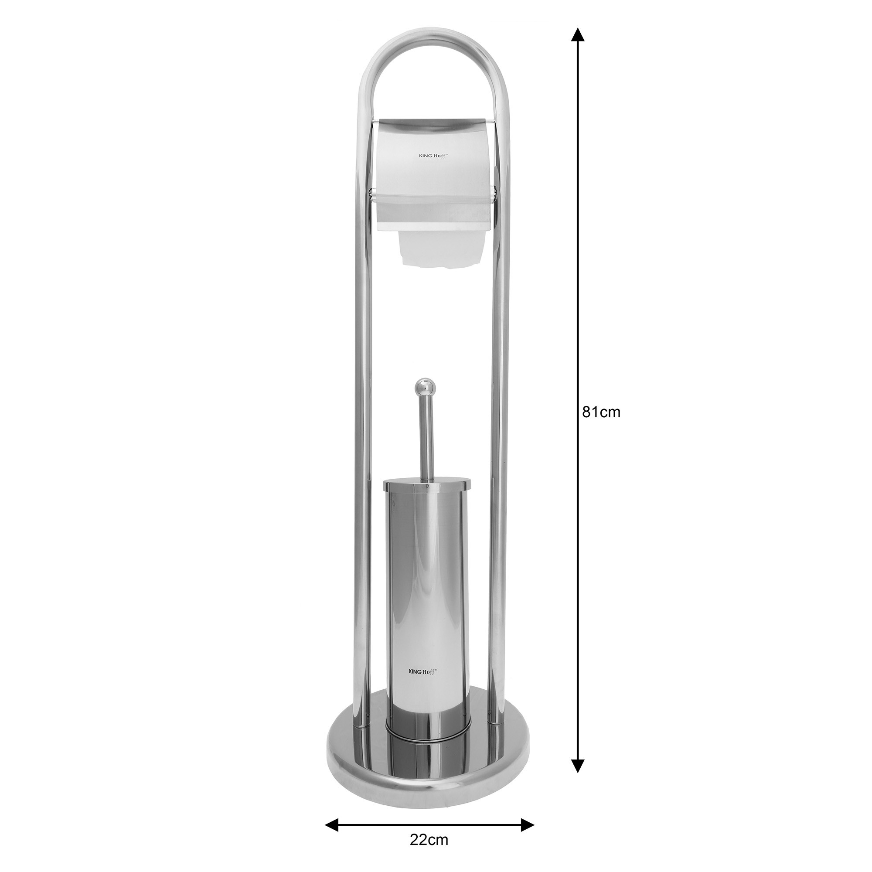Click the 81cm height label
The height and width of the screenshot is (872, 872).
pyautogui.click(x=601, y=412)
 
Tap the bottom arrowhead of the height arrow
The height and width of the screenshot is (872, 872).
pyautogui.click(x=578, y=766)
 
